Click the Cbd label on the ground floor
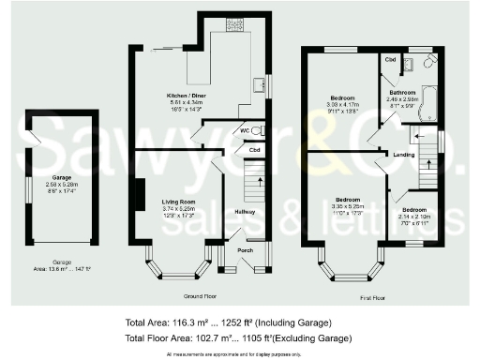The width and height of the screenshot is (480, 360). pos(253,148)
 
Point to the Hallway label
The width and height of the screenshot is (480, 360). pos(246,213)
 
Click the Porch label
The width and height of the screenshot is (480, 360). pos(244,249)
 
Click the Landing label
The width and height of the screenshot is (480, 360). pos(406,155)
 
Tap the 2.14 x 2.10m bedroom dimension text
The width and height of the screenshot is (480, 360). pos(412,217)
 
